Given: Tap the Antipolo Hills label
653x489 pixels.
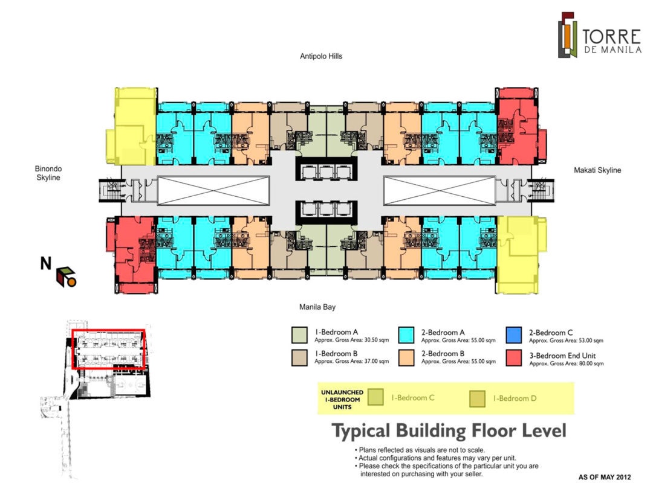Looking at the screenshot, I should pyautogui.click(x=321, y=56).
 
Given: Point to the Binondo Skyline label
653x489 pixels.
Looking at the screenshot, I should pyautogui.click(x=49, y=173).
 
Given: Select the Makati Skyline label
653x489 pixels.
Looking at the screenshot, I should pyautogui.click(x=597, y=170).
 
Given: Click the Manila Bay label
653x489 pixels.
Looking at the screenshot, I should pyautogui.click(x=317, y=307).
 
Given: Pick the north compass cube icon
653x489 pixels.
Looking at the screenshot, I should pyautogui.click(x=66, y=276).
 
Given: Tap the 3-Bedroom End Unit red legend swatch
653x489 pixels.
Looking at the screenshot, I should pyautogui.click(x=514, y=357).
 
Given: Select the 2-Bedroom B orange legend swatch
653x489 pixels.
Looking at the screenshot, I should pyautogui.click(x=407, y=357).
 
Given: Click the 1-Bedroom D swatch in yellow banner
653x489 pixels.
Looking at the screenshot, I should pyautogui.click(x=478, y=398).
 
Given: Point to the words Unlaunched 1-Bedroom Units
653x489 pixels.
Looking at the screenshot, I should pyautogui.click(x=342, y=398).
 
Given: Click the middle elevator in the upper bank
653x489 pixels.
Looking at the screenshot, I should pyautogui.click(x=326, y=171).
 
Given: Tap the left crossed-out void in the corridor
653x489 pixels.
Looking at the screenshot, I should pyautogui.click(x=213, y=189).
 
